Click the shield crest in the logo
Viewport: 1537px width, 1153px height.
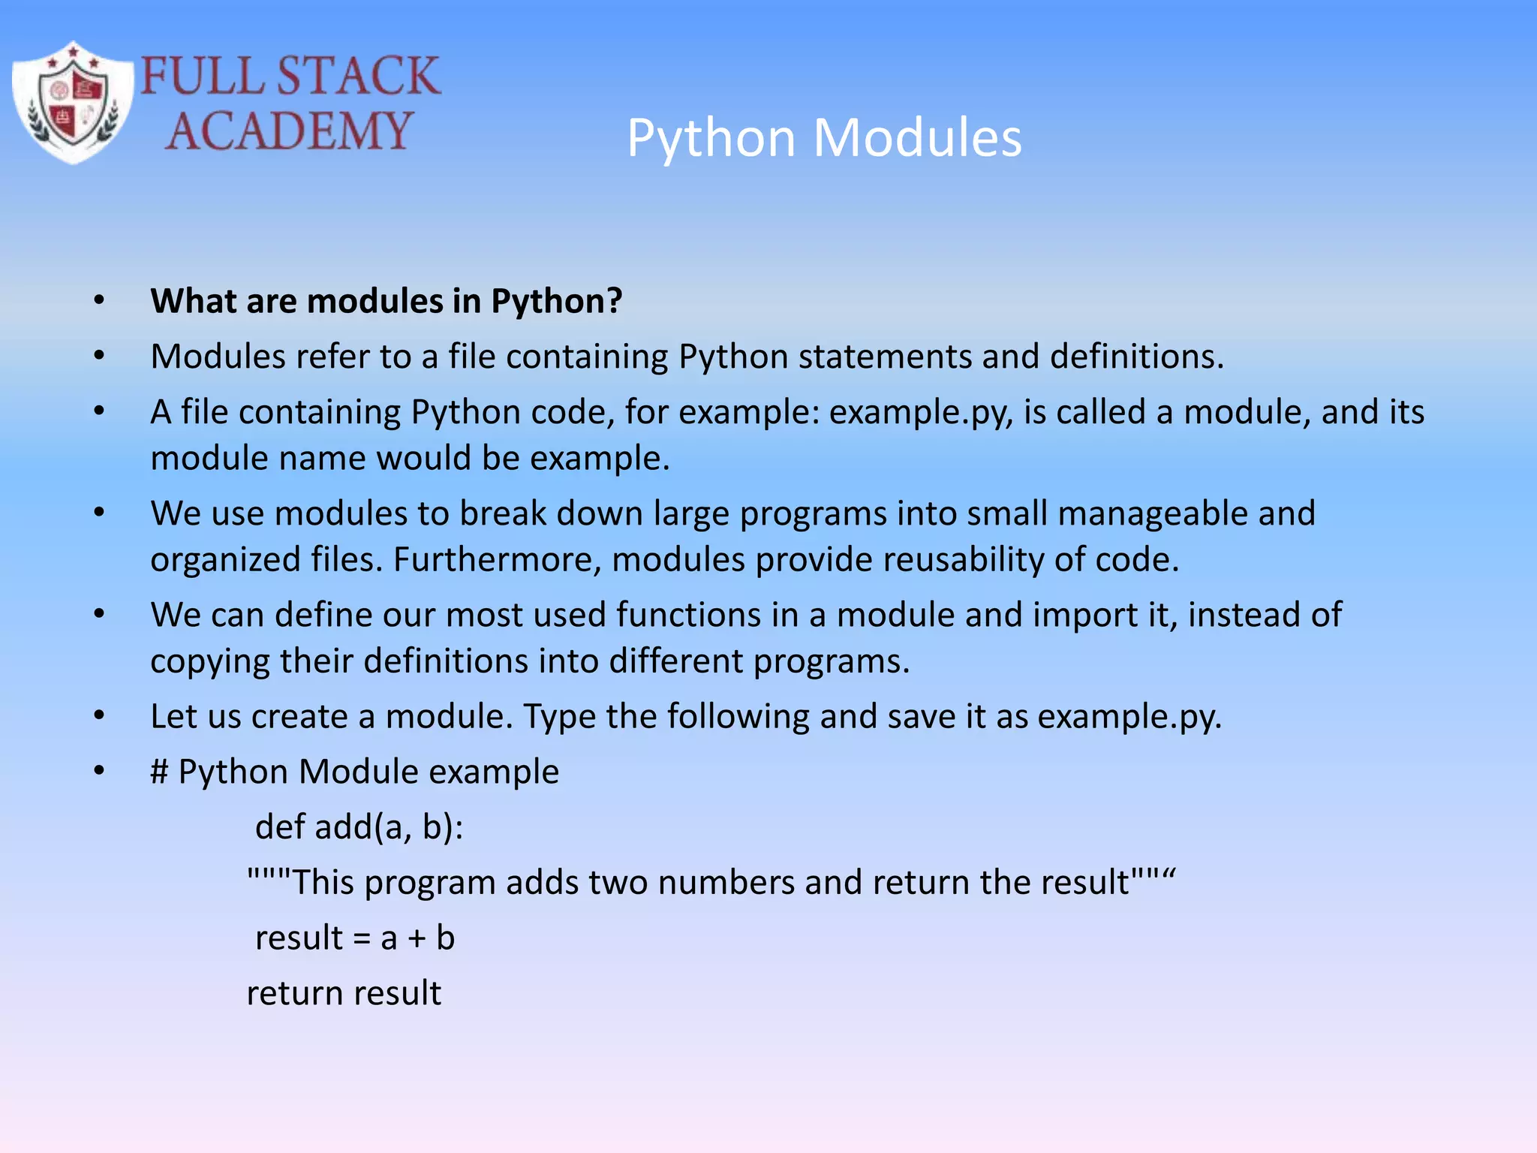click(72, 103)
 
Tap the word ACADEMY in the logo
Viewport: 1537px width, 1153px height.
click(289, 131)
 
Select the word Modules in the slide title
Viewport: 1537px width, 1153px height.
click(917, 138)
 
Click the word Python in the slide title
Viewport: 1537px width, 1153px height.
click(711, 140)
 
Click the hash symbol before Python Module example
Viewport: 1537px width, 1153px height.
click(159, 772)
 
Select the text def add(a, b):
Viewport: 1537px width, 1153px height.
click(359, 827)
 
